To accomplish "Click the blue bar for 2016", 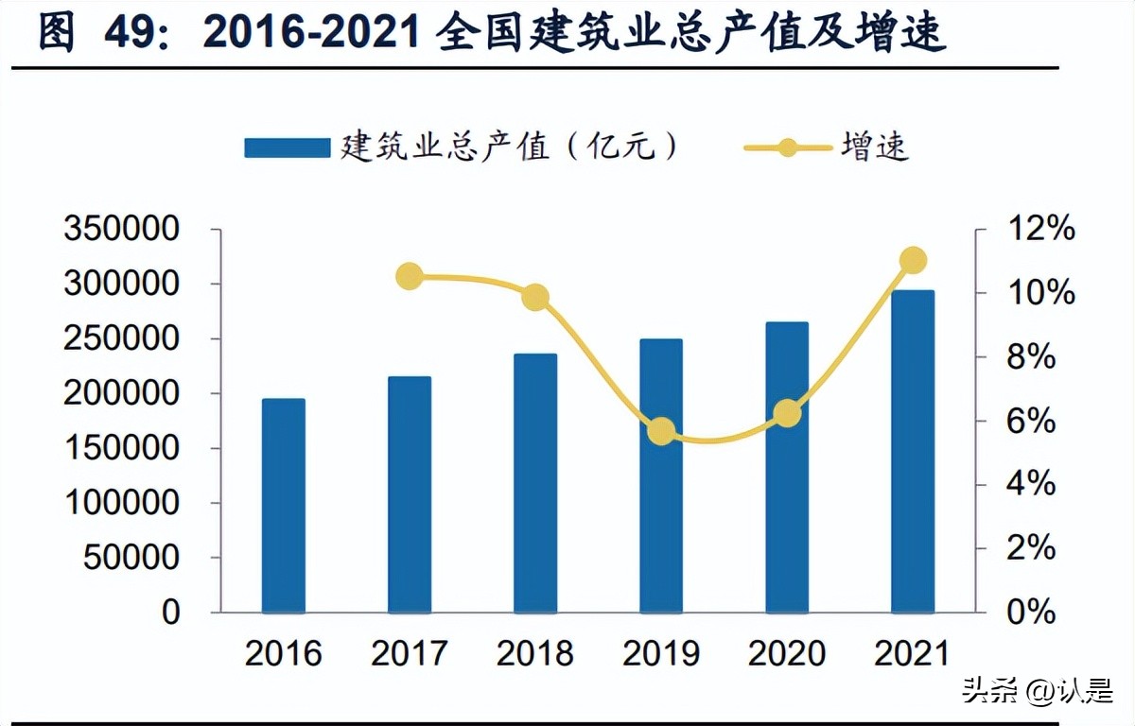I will [283, 506].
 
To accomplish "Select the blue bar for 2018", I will [535, 483].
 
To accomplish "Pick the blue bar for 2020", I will [787, 467].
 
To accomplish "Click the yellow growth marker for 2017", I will [410, 277].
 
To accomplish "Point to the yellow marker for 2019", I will [661, 432].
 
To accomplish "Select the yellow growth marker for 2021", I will [913, 261].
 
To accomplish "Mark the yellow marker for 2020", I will [787, 413].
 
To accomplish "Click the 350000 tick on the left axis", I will [121, 230].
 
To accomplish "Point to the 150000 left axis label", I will [121, 448].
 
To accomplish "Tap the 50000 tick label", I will [131, 558].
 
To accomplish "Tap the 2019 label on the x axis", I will [661, 653].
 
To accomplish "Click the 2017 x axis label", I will [410, 653].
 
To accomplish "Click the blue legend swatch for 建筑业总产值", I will [288, 147].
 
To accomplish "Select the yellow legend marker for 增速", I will [787, 147].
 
